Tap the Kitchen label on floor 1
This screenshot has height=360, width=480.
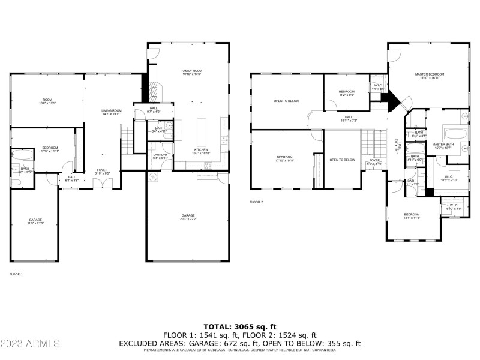(200, 151)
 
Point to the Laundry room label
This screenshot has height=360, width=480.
(160, 156)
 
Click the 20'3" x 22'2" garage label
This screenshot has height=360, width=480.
(188, 217)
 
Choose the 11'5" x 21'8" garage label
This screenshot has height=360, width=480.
(35, 221)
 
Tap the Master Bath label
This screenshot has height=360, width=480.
(443, 146)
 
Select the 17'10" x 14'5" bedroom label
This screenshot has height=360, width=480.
(284, 158)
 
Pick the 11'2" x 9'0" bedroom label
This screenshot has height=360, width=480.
(347, 93)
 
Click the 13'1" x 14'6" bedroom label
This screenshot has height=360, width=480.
(412, 216)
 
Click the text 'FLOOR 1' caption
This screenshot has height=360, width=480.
(16, 274)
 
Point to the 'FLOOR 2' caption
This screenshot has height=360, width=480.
(256, 202)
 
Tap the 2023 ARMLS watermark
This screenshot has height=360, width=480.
(30, 344)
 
